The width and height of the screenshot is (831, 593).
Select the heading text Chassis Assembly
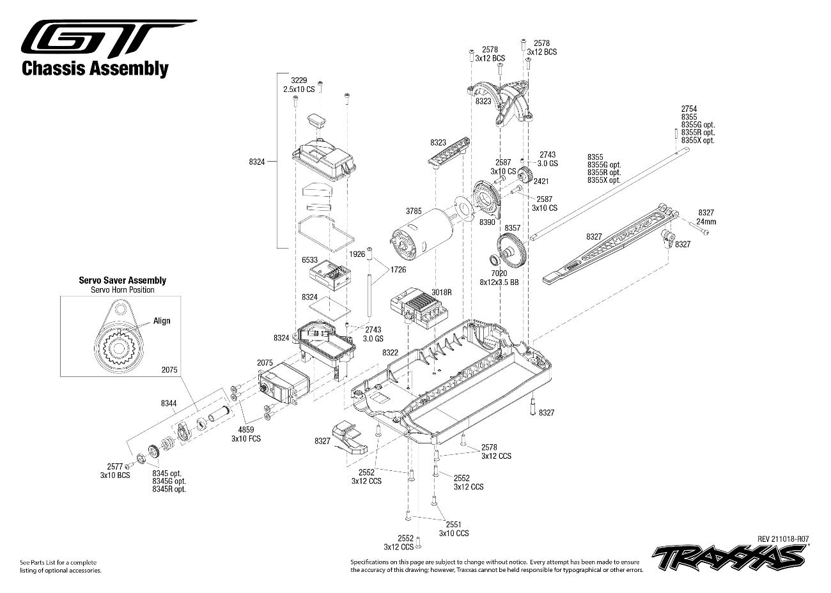[95, 68]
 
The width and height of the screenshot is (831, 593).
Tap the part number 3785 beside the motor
[414, 210]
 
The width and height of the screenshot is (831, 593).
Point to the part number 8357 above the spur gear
[512, 227]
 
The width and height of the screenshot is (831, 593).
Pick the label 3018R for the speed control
[442, 292]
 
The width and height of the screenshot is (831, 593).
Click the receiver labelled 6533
[331, 277]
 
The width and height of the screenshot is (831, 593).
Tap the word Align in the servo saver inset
[162, 321]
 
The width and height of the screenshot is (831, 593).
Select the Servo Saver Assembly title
[122, 280]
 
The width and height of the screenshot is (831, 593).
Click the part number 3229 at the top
[299, 81]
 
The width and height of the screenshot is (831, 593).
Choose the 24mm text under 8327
[706, 221]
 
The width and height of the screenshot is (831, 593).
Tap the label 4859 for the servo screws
[246, 430]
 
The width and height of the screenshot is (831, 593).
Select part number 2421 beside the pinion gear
[540, 181]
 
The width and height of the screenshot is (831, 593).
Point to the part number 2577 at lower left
[114, 467]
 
